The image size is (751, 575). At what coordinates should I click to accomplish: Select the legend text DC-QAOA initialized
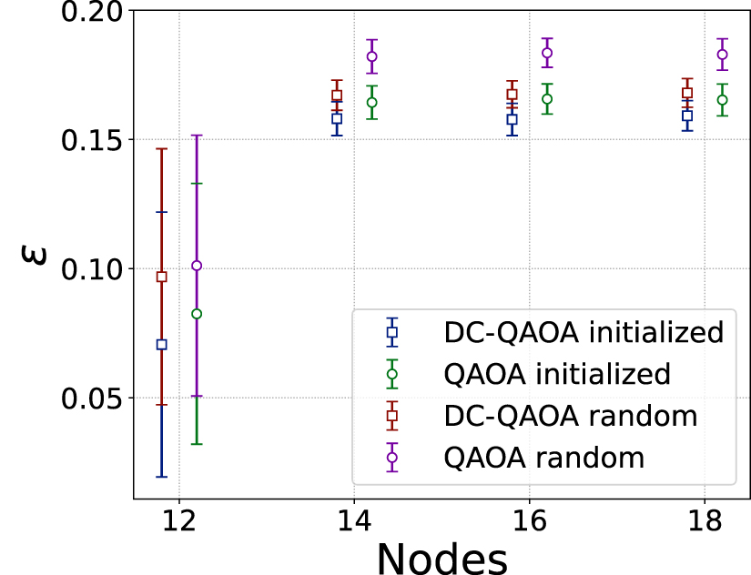(x=583, y=332)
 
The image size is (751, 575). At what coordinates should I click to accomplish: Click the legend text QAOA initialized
(x=556, y=374)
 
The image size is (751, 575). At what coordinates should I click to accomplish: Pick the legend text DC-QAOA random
(x=570, y=416)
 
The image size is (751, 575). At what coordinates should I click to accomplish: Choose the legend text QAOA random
(x=543, y=458)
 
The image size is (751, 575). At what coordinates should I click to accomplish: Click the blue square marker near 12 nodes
(x=162, y=345)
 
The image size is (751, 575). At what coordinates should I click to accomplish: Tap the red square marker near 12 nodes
(x=162, y=277)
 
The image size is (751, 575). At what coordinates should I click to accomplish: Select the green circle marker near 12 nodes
(x=196, y=314)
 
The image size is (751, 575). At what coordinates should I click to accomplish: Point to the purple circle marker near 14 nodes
(x=371, y=56)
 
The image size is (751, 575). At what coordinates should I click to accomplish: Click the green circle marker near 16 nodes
(x=547, y=99)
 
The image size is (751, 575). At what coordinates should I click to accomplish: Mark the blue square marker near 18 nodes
(x=687, y=116)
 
